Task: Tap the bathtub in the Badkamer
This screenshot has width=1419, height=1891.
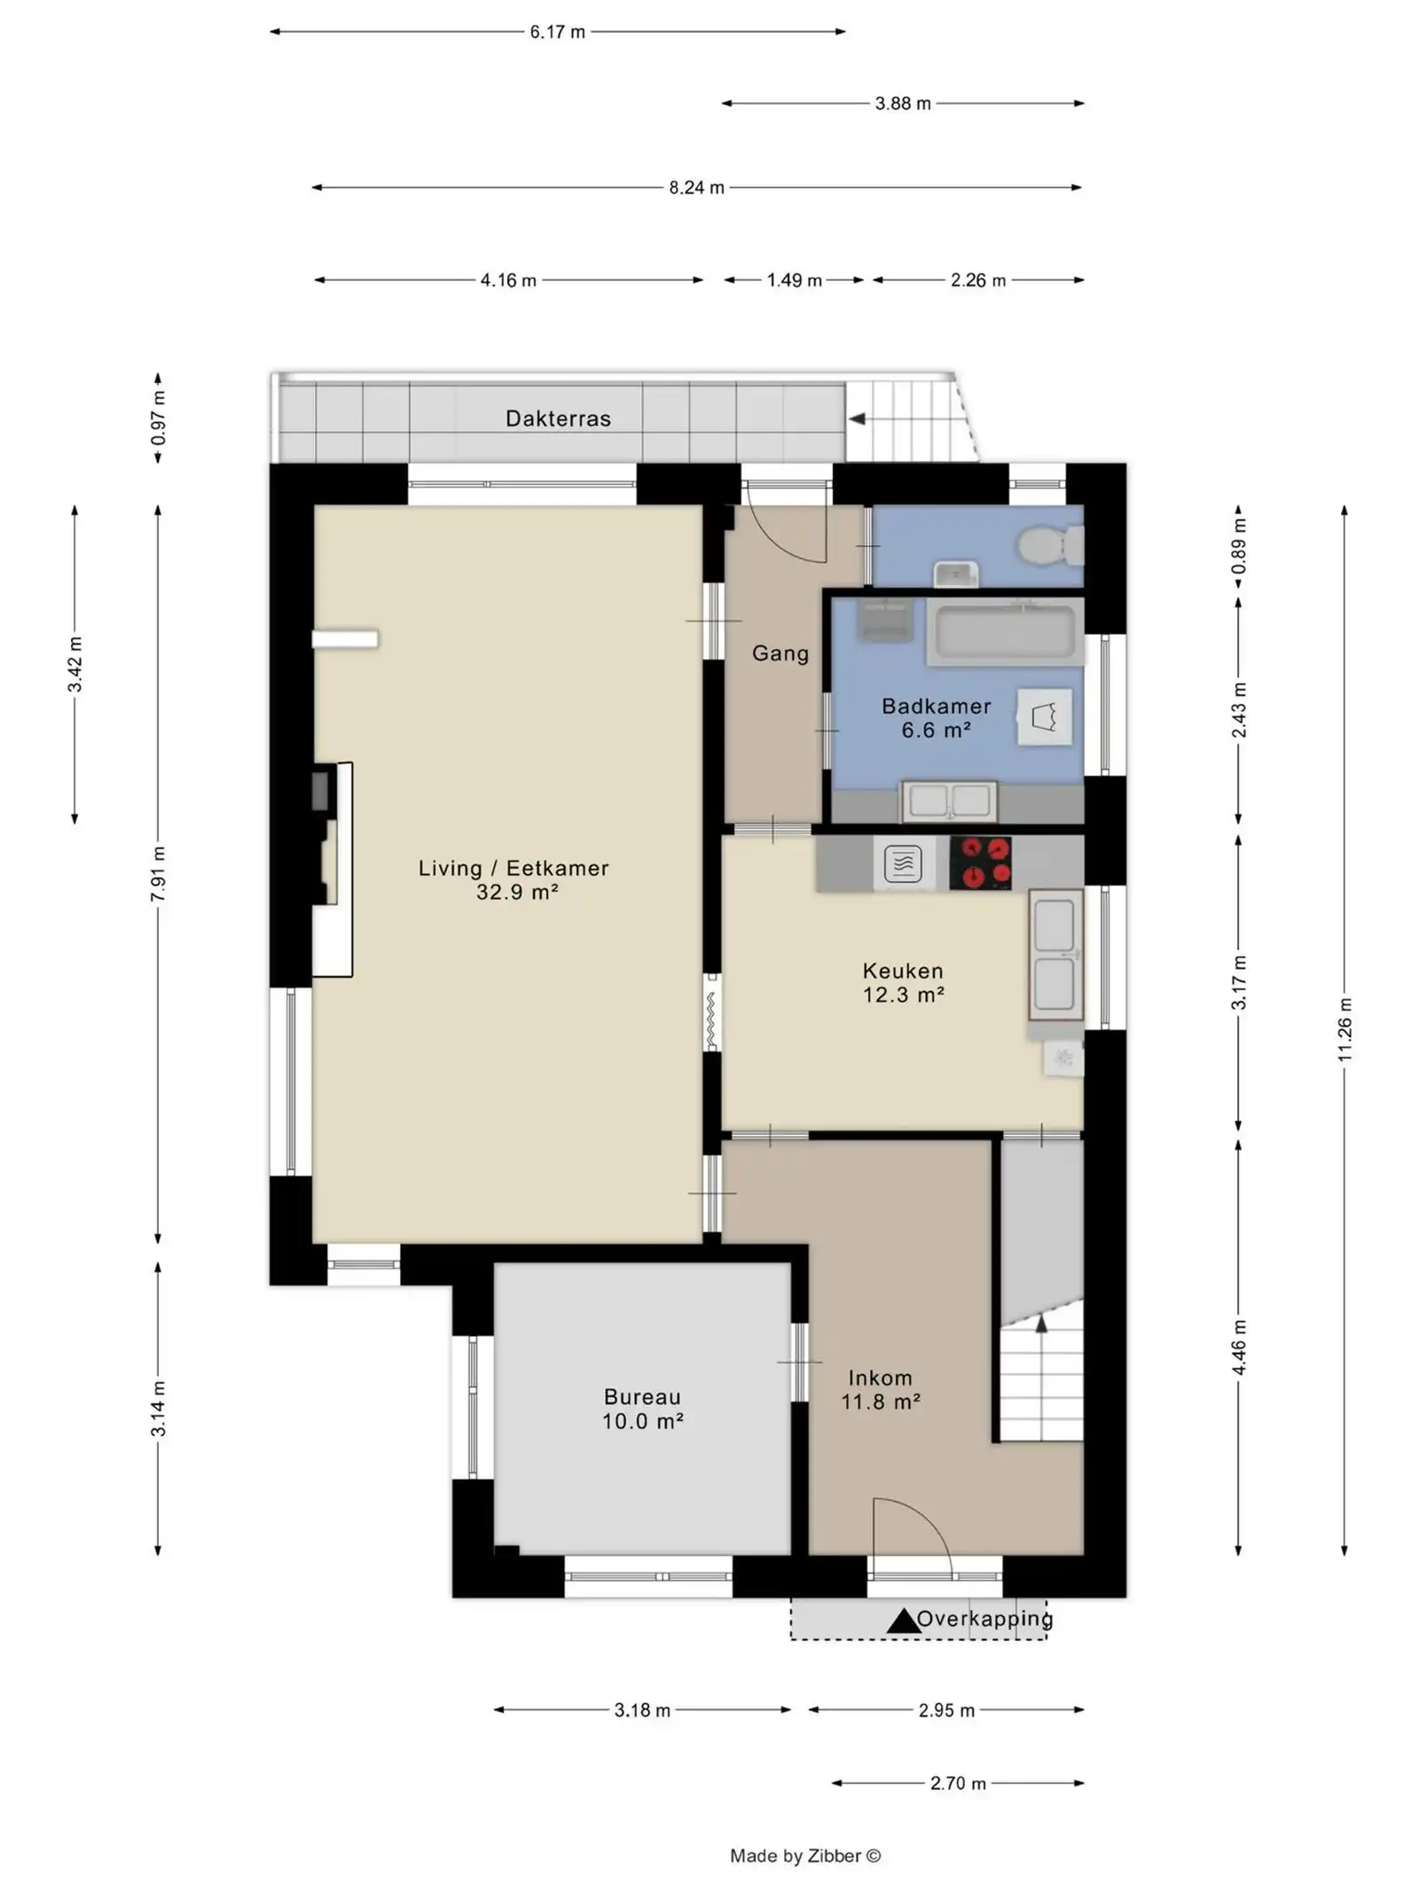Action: click(1005, 632)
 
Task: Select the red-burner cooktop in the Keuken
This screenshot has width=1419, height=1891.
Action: click(980, 862)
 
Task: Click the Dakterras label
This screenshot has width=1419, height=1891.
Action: click(558, 418)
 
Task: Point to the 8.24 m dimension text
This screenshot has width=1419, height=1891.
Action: click(696, 187)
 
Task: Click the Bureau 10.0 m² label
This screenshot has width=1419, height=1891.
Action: click(642, 1409)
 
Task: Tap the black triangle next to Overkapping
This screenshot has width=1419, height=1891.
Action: click(903, 1621)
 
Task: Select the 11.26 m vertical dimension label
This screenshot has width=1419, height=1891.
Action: click(1345, 1029)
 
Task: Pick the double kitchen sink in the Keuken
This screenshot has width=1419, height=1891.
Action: click(1054, 954)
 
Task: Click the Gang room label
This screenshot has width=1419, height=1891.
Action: click(780, 653)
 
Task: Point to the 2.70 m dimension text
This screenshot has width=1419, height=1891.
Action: click(958, 1783)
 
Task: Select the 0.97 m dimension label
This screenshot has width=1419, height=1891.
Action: click(158, 418)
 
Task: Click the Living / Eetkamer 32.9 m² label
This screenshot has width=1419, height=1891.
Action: click(514, 879)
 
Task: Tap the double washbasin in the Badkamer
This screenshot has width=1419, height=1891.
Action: click(949, 801)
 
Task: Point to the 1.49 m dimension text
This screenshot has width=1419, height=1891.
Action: click(794, 280)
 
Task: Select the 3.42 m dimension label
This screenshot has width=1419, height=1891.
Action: click(74, 665)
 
